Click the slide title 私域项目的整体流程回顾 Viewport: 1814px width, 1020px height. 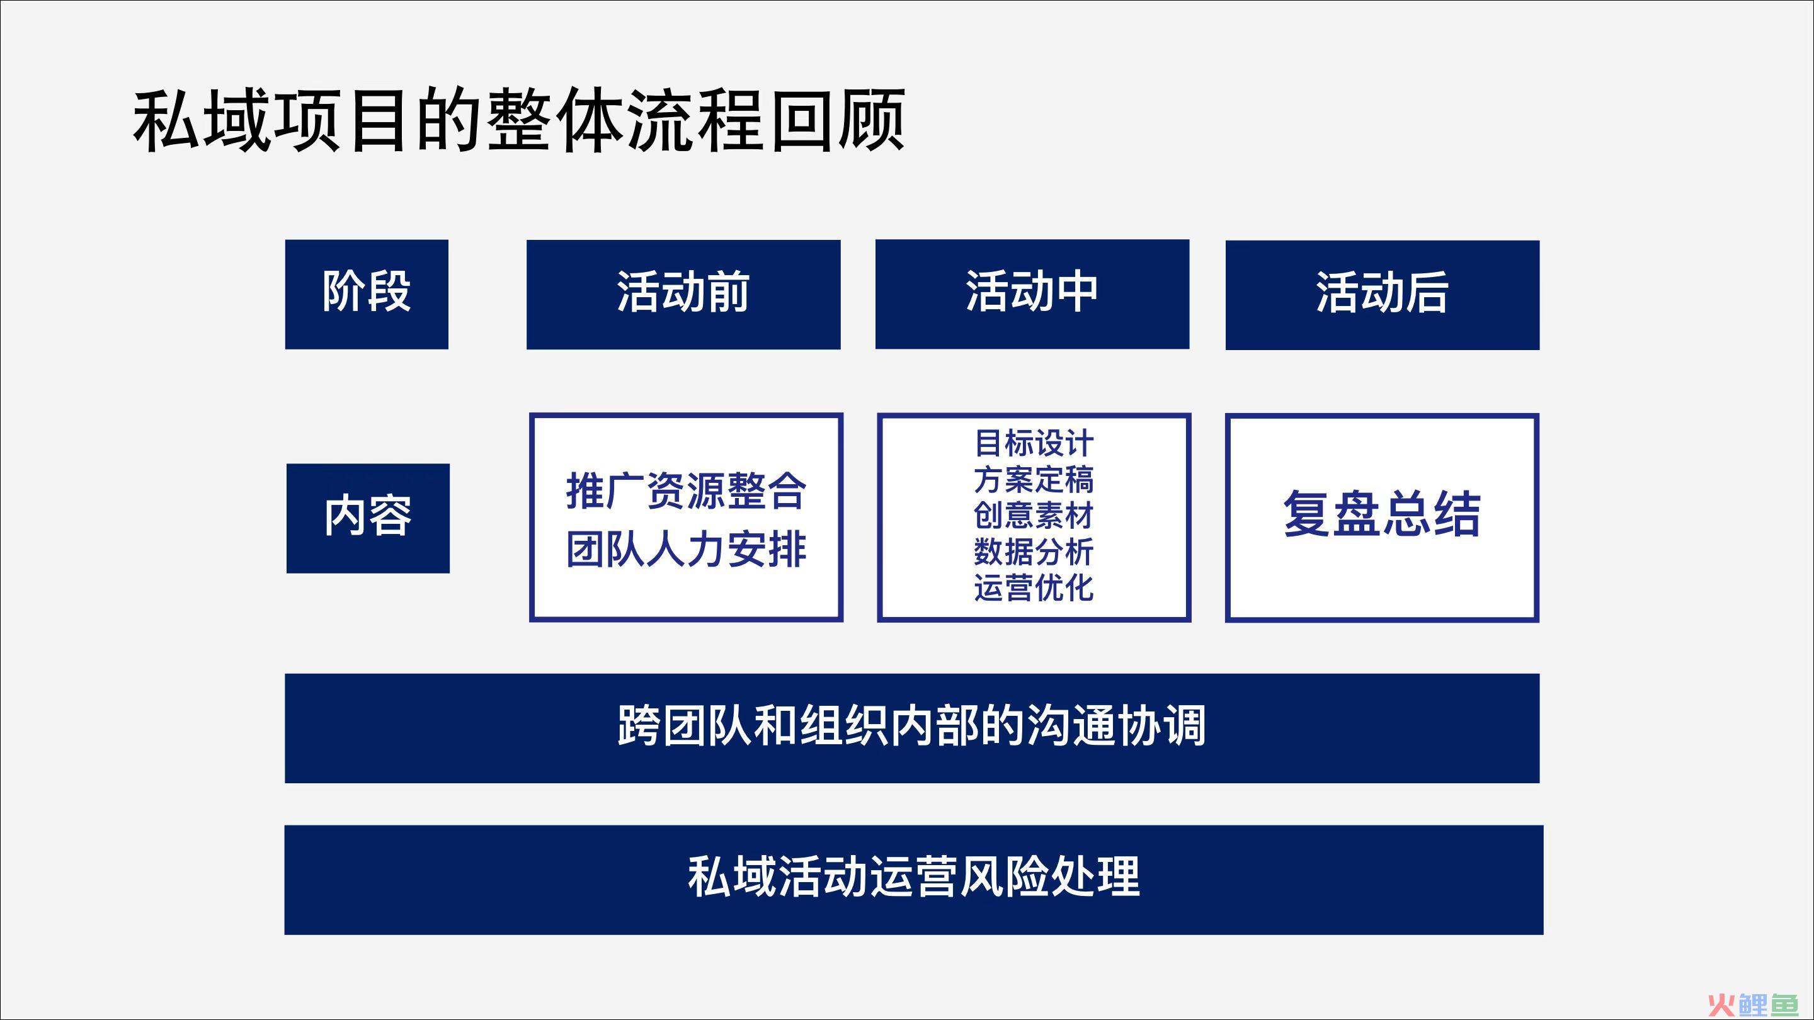click(519, 120)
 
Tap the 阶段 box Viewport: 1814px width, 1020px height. click(366, 294)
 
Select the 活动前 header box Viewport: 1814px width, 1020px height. click(683, 294)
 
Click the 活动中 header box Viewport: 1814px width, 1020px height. click(1032, 294)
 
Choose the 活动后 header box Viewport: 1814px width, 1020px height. click(1383, 295)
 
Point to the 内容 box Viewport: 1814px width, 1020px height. click(368, 518)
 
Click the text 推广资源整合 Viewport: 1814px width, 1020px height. click(686, 490)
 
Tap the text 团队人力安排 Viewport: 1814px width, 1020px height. click(686, 550)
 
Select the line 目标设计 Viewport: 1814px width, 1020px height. click(1034, 444)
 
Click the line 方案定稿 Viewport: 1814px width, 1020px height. click(1034, 480)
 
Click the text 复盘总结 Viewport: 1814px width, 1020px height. click(1383, 514)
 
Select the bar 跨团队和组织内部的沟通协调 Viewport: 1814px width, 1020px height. click(912, 728)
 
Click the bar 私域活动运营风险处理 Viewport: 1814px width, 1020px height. click(913, 880)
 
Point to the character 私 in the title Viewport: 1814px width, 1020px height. click(166, 120)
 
